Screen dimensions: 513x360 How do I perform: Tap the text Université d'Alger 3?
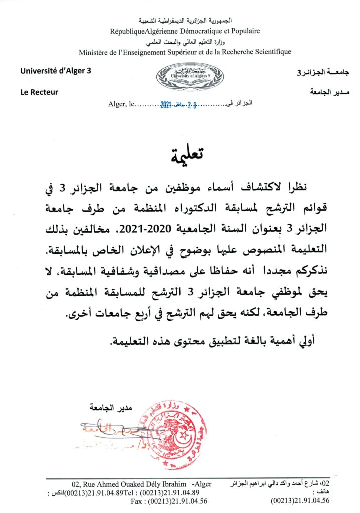[56, 71]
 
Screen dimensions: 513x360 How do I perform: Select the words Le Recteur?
[40, 92]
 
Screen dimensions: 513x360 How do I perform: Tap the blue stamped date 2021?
[166, 105]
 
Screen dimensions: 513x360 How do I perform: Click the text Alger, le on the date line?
[120, 105]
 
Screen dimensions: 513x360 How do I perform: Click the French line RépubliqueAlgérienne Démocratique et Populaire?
[185, 31]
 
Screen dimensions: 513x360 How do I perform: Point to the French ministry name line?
[185, 52]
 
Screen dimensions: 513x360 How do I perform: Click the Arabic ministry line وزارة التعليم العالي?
[185, 41]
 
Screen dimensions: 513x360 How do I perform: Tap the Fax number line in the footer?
[169, 500]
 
